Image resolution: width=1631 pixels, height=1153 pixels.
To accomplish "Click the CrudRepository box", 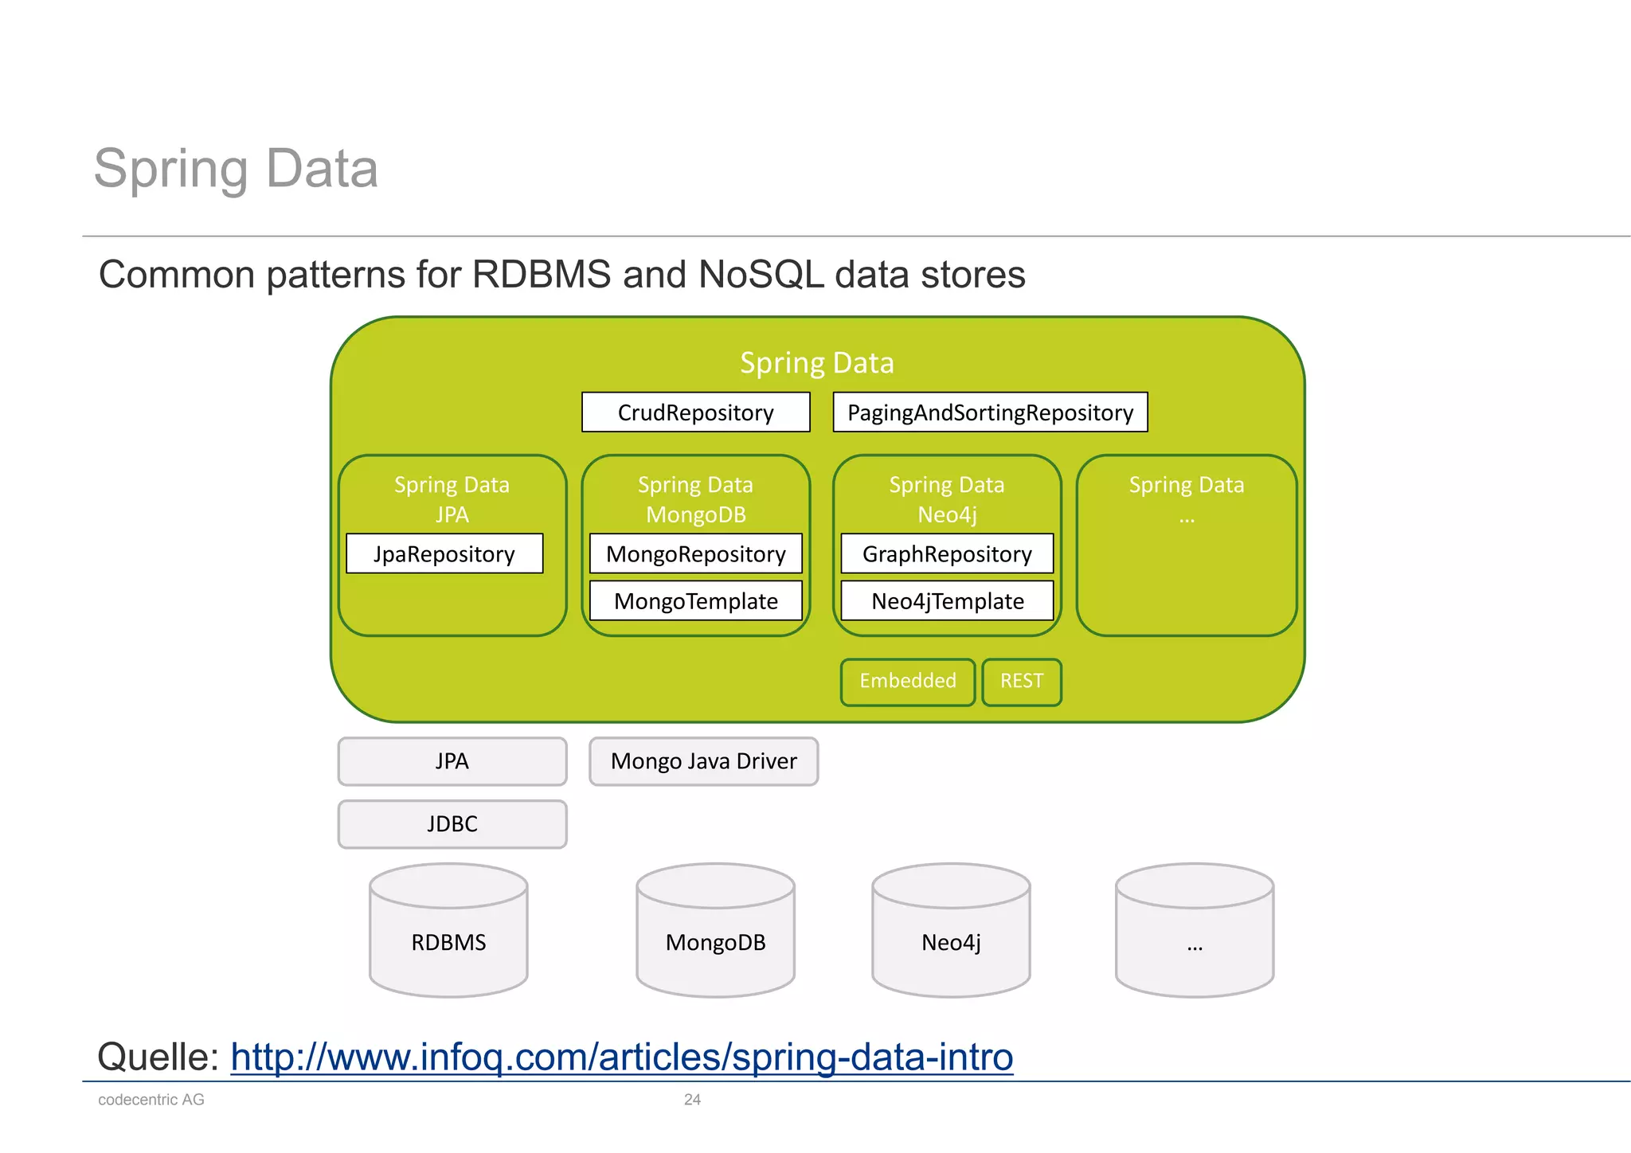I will pos(695,412).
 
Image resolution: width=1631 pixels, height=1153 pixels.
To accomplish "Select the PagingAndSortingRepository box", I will pos(990,412).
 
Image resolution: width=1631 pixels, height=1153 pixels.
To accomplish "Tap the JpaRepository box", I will pos(444,553).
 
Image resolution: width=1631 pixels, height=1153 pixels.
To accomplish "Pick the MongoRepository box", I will pos(695,553).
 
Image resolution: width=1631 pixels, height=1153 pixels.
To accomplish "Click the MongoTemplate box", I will pos(695,600).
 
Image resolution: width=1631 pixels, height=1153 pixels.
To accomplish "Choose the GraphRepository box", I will pos(947,553).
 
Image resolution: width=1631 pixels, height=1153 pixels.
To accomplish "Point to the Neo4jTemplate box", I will pos(947,600).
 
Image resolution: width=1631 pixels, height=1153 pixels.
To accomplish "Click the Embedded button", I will pos(907,682).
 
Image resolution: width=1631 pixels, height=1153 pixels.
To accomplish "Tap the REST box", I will pos(1021,682).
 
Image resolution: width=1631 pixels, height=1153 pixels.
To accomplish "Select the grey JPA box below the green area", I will pos(452,761).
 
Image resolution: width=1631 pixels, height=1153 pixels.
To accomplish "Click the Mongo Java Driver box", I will pos(703,761).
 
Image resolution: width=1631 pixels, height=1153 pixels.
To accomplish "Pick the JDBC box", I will pos(452,824).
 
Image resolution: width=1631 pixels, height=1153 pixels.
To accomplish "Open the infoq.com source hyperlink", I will pos(621,1057).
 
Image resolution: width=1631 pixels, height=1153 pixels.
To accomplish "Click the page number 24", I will pos(692,1100).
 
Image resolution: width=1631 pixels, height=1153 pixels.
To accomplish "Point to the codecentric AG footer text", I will pos(151,1100).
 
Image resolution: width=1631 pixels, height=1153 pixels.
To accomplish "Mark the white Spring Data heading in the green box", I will pos(816,363).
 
